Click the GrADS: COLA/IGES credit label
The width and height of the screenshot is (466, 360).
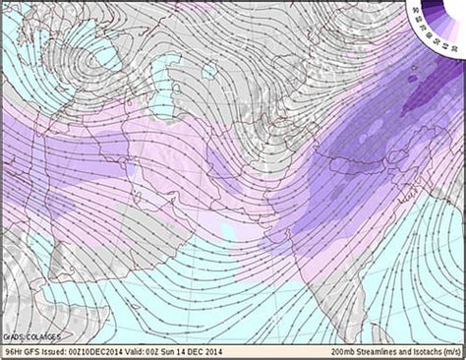click(x=30, y=335)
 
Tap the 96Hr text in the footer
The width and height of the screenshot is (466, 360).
click(x=13, y=350)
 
